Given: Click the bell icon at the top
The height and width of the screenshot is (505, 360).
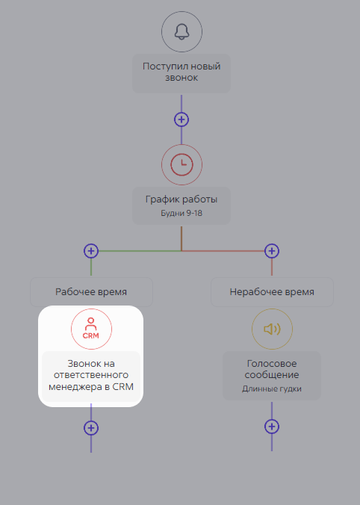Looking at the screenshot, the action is coord(181,31).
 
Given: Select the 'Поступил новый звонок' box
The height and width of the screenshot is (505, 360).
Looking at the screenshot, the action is coord(181,73).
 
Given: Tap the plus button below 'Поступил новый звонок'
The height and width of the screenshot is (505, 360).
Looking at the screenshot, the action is coord(181,120).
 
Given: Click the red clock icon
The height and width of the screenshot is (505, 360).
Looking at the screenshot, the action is coord(181,164).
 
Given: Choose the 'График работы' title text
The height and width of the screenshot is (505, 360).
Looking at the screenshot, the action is coord(181,199).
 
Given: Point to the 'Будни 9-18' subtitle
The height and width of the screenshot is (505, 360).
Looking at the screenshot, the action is coord(181,213).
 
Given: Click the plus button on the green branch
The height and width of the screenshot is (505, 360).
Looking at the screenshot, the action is coord(91,251).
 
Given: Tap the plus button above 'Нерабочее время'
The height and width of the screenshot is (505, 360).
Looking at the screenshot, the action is coord(272,251).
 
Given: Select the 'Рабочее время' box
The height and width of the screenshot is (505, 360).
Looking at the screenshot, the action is coord(91,292).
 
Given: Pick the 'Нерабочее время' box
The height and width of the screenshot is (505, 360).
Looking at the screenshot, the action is coord(272,292).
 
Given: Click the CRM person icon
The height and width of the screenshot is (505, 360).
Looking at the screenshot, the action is coord(91,329).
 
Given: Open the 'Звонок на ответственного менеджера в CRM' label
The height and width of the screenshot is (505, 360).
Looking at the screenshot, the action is coord(91,375).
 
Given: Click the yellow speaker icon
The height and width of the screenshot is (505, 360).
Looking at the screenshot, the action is coord(272,329).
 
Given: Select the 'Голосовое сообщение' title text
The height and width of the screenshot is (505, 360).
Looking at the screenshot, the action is coord(272,369).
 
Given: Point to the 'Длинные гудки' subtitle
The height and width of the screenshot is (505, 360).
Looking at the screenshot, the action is coord(272,388).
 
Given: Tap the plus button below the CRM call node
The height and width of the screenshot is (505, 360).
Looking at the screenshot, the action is coord(91,428).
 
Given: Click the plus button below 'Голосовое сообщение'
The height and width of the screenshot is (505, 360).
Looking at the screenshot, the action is coord(272,427).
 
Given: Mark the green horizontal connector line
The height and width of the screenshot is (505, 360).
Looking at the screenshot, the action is coord(140,251).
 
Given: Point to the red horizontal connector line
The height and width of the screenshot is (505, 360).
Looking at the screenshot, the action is coord(223,251).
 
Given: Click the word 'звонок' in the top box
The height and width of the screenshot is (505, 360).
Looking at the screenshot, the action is coord(181,78).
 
